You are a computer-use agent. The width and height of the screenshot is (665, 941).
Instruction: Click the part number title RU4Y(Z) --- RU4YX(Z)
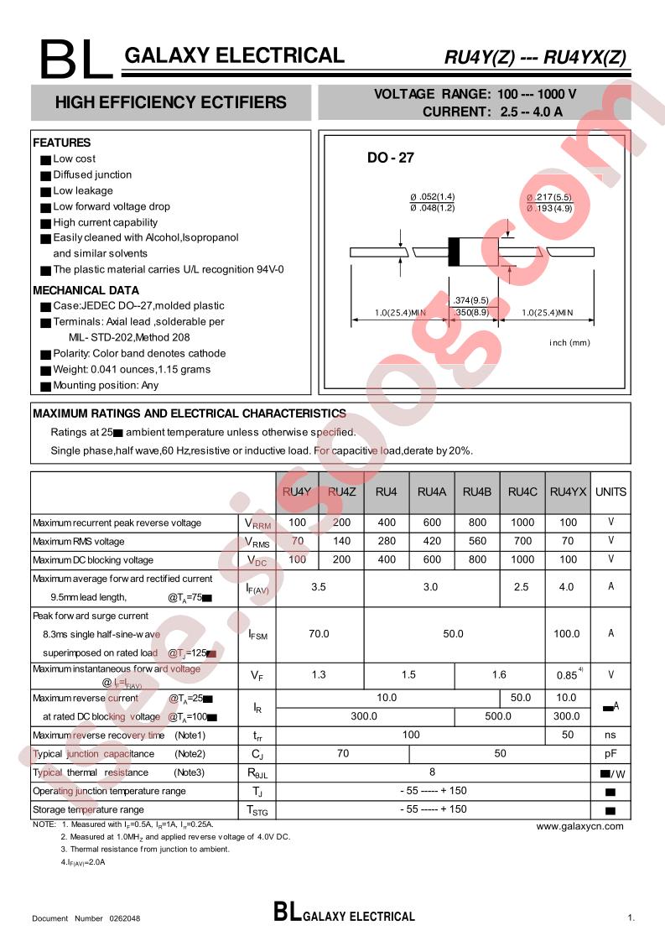534,58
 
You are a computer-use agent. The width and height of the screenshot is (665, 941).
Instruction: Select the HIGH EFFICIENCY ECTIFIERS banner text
170,103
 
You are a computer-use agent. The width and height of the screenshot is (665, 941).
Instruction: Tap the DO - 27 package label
391,158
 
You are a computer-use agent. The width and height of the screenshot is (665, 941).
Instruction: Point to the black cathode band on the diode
455,252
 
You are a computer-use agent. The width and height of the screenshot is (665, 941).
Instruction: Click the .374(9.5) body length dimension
470,299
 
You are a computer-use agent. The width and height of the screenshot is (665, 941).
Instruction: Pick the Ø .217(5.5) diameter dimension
549,197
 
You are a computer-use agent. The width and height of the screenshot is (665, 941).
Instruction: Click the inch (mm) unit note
570,342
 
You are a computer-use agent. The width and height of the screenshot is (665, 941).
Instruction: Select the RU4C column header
522,491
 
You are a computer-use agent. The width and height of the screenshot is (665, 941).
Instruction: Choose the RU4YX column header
568,491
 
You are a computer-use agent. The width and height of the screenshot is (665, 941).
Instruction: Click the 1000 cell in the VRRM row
522,522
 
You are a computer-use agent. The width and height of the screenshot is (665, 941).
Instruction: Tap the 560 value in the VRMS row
476,541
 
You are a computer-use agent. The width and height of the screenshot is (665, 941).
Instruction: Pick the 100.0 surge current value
567,634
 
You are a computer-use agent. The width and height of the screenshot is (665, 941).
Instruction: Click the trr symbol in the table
257,736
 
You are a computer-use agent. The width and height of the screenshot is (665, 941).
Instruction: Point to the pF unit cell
610,754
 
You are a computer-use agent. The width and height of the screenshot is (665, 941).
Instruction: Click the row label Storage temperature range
88,810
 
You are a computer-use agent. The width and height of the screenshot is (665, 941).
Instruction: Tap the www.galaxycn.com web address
579,826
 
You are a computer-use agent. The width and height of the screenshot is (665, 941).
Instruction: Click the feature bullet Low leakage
82,190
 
